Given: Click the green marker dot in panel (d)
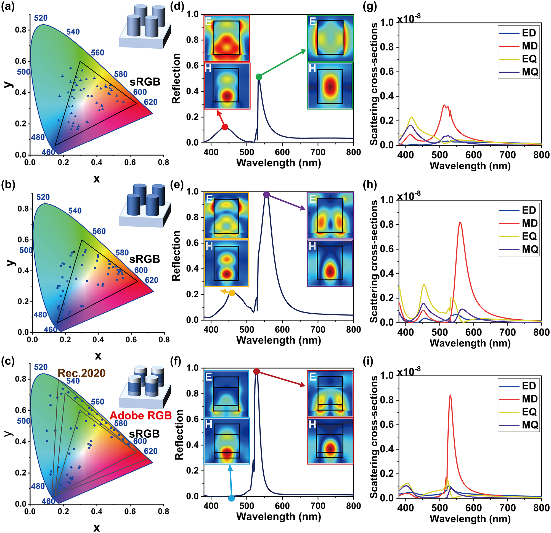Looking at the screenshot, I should click(x=259, y=77).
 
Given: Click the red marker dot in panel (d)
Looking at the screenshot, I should click(x=225, y=127).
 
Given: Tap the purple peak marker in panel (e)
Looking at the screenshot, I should click(x=266, y=195).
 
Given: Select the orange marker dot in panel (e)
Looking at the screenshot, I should click(x=232, y=293).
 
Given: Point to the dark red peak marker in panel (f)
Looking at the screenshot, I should click(x=256, y=371).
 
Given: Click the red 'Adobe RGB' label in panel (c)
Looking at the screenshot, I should click(x=141, y=415).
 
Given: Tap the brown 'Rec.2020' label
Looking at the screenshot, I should click(x=81, y=373).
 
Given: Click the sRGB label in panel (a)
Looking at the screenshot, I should click(x=145, y=82).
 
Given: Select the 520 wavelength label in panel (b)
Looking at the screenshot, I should click(x=43, y=197).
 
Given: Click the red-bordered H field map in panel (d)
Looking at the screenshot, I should click(x=227, y=86).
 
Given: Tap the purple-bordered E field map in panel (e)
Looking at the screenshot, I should click(x=330, y=216).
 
